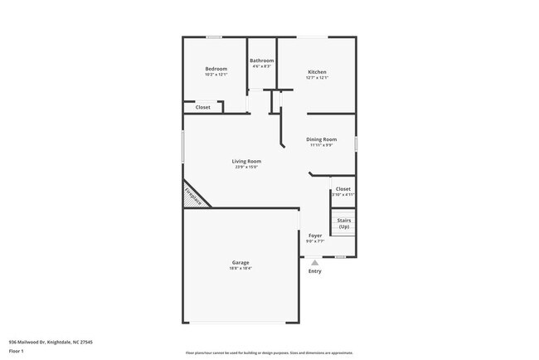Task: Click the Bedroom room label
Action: click(216, 69)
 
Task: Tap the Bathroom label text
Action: click(262, 60)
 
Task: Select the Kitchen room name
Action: click(317, 72)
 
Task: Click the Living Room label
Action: click(246, 161)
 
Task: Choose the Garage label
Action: click(240, 263)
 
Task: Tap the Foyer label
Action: click(315, 236)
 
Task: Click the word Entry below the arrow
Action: click(315, 271)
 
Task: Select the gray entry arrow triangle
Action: click(315, 262)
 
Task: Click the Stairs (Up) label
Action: click(343, 223)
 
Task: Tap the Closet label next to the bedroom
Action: click(203, 107)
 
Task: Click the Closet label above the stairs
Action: click(343, 189)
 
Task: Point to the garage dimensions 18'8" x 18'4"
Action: click(240, 269)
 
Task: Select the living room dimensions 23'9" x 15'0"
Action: click(246, 167)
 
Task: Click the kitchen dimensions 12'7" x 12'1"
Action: click(317, 78)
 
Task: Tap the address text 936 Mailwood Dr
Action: click(51, 342)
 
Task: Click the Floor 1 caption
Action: click(17, 351)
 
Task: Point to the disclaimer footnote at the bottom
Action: click(269, 353)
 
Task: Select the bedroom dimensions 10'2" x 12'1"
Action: click(216, 75)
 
